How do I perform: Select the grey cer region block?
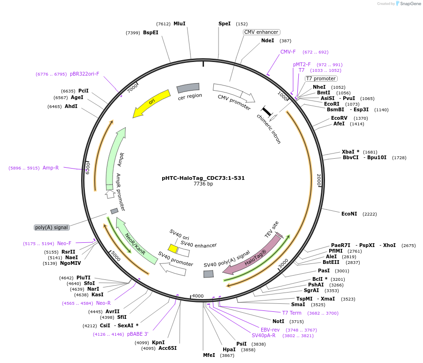tap(188, 88)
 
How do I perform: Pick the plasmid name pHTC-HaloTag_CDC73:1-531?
tap(203, 178)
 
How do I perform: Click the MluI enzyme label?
tap(179, 23)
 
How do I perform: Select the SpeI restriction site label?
tap(225, 23)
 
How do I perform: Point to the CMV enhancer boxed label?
tap(261, 32)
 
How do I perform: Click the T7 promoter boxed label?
tap(321, 78)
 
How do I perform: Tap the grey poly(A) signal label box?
tap(52, 227)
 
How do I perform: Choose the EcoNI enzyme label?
tap(349, 214)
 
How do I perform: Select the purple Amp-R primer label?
tap(51, 168)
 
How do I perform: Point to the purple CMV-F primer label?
tap(288, 52)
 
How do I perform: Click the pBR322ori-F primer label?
tap(84, 74)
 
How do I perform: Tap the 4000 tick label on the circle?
tap(198, 296)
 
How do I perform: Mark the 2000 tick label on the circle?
tap(319, 180)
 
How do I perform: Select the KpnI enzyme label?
tap(158, 342)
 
